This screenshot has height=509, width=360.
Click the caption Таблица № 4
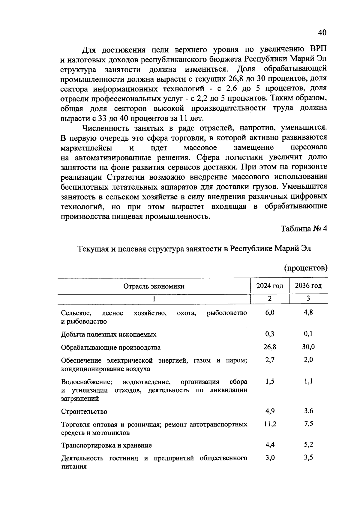coord(304,229)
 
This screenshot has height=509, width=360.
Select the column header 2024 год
coord(270,286)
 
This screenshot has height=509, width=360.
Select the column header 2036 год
coord(308,286)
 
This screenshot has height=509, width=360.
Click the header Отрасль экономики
coord(154,286)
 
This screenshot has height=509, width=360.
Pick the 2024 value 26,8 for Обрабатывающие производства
coord(270,347)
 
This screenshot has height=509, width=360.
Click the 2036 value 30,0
coord(308,347)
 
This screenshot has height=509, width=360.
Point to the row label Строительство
coord(84,412)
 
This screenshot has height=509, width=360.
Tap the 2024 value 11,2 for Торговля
coord(270,424)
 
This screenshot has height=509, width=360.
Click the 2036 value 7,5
coord(308,424)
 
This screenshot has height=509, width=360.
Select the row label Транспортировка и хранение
coord(106,445)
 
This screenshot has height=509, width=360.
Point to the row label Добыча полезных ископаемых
coord(109,334)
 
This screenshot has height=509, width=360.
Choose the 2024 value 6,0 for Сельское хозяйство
coord(270,313)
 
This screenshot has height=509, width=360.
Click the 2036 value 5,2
coord(308,445)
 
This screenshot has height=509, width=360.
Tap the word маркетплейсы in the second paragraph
coord(86,148)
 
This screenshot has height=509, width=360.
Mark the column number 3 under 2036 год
coord(308,298)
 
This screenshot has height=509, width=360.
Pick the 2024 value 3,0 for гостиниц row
coord(270,458)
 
